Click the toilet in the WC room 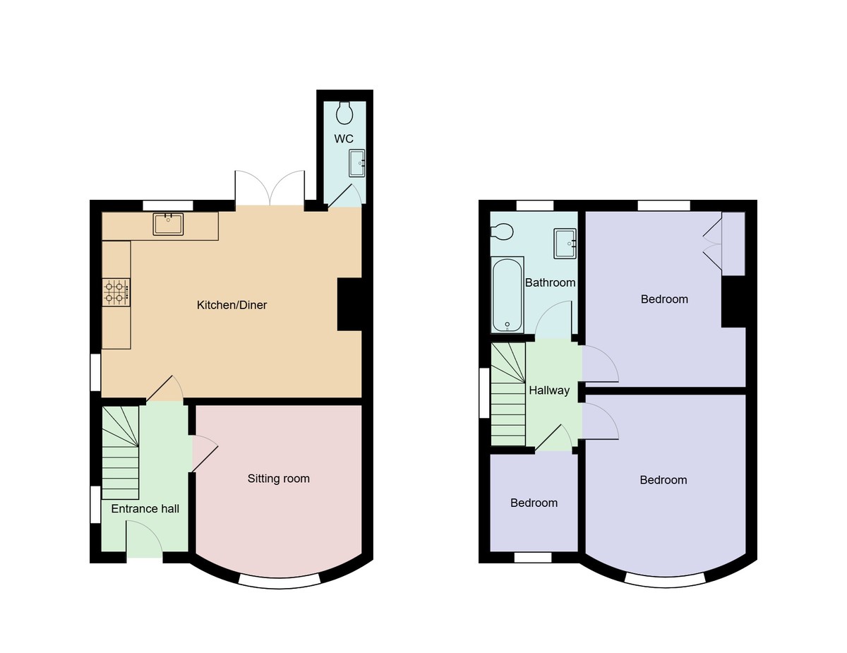tap(344, 112)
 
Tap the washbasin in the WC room tap(357, 163)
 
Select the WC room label tap(344, 138)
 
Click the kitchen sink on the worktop tap(168, 224)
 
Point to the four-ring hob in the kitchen tap(116, 292)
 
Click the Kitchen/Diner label tap(232, 305)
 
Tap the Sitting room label tap(278, 479)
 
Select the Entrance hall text tap(145, 508)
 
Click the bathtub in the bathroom tap(507, 295)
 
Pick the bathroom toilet tap(502, 232)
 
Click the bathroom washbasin tap(565, 243)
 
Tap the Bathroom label tap(550, 282)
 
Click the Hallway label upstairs tap(549, 390)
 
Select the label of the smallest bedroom tap(534, 503)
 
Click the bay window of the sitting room tap(279, 581)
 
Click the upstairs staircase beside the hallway tap(508, 395)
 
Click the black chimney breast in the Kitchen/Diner tap(349, 304)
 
